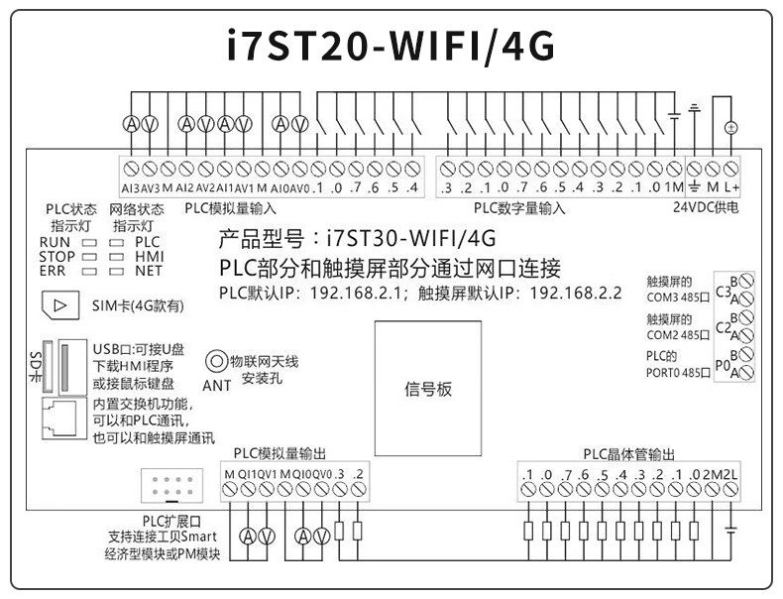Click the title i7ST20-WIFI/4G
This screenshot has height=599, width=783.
tap(391, 48)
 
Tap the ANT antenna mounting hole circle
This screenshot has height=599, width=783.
tap(214, 362)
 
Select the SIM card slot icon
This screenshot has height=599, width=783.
tap(60, 305)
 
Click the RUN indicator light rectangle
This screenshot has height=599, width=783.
tap(87, 242)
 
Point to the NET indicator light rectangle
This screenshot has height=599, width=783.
tap(115, 270)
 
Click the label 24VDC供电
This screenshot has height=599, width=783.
tap(707, 208)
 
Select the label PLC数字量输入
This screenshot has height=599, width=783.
tap(518, 208)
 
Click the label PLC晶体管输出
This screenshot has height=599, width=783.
tap(628, 454)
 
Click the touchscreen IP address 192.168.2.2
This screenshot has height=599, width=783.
tap(576, 294)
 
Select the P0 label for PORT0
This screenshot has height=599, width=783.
tap(723, 363)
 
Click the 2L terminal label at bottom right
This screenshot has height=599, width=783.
tap(731, 474)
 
